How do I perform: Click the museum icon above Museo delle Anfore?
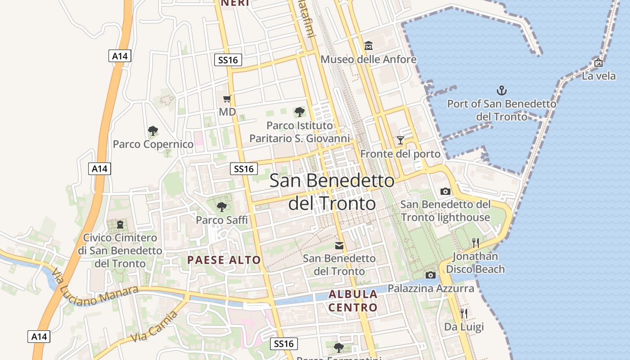pyautogui.click(x=369, y=45)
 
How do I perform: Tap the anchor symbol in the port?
pyautogui.click(x=501, y=90)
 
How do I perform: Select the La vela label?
pyautogui.click(x=598, y=76)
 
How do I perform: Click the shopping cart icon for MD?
pyautogui.click(x=227, y=99)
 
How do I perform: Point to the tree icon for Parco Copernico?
pyautogui.click(x=153, y=131)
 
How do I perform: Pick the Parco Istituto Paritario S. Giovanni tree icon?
pyautogui.click(x=299, y=112)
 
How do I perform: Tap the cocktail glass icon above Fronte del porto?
pyautogui.click(x=400, y=140)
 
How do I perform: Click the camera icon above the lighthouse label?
pyautogui.click(x=445, y=191)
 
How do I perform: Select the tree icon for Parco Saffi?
pyautogui.click(x=221, y=207)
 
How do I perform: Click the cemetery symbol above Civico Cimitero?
pyautogui.click(x=120, y=224)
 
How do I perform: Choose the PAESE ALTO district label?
pyautogui.click(x=224, y=260)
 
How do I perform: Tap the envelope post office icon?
pyautogui.click(x=339, y=246)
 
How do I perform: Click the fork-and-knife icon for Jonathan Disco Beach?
pyautogui.click(x=475, y=243)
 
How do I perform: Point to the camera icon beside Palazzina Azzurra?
pyautogui.click(x=431, y=275)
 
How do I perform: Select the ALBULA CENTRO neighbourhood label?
pyautogui.click(x=353, y=301)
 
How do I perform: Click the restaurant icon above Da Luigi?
pyautogui.click(x=464, y=313)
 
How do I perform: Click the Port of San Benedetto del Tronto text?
pyautogui.click(x=502, y=110)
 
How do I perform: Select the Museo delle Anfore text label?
pyautogui.click(x=369, y=59)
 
